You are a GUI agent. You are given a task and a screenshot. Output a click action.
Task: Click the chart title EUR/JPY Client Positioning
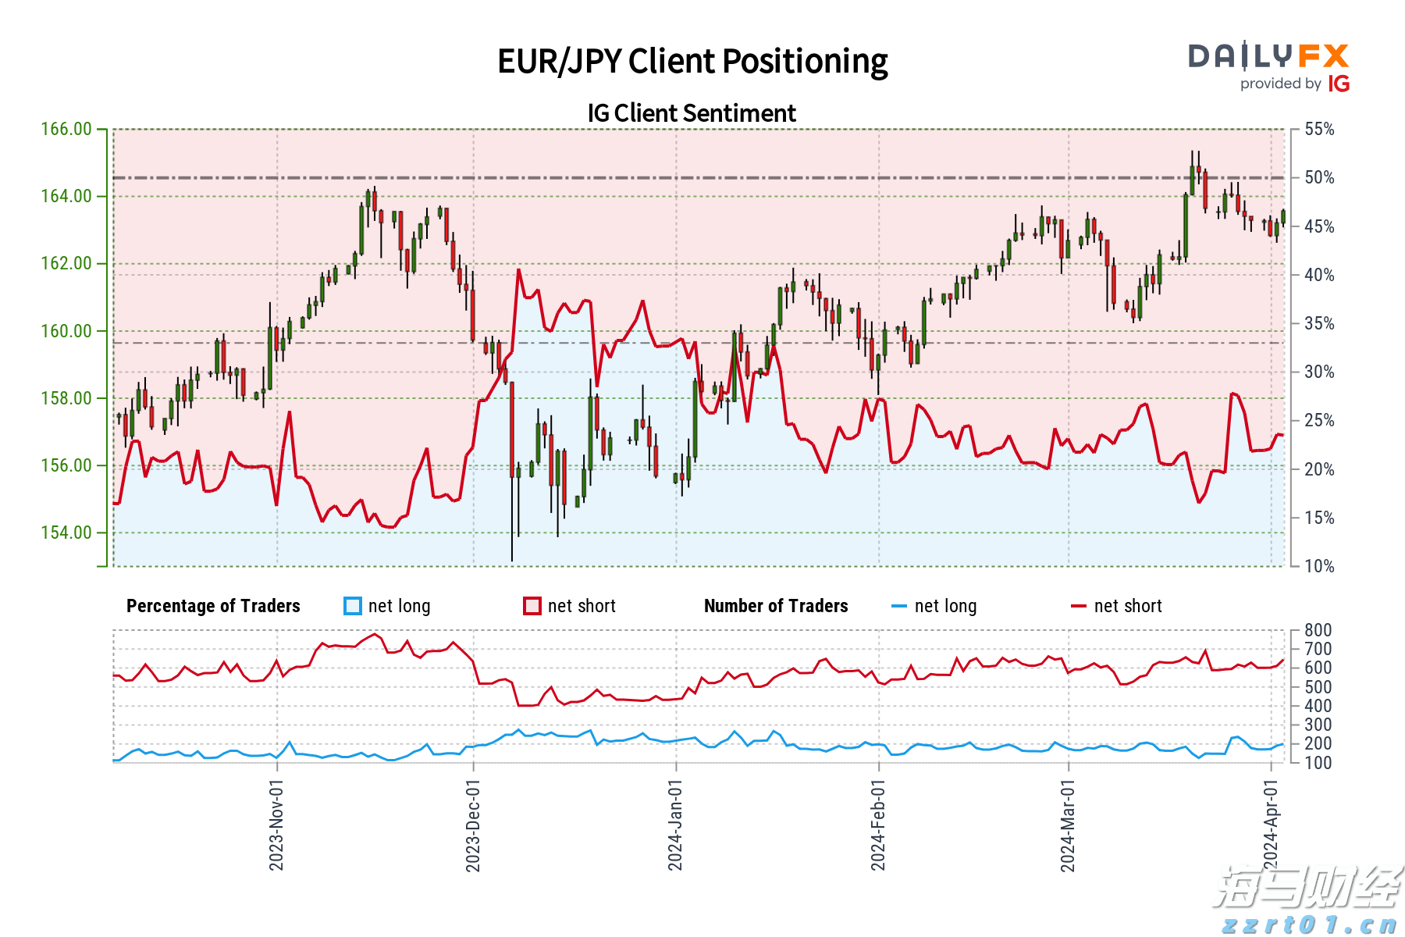click(x=692, y=62)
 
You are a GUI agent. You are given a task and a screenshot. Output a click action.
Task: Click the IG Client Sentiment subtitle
click(x=692, y=113)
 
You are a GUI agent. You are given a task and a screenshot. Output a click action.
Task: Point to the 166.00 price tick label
click(x=66, y=129)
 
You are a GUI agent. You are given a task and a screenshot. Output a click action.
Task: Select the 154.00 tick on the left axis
click(x=66, y=533)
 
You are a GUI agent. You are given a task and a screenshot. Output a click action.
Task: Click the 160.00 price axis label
click(x=66, y=331)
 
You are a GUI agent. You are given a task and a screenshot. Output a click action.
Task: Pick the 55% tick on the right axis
click(x=1319, y=129)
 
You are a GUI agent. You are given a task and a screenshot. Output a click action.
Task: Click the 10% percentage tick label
click(x=1319, y=566)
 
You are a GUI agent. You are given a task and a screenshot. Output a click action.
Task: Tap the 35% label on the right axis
click(x=1319, y=323)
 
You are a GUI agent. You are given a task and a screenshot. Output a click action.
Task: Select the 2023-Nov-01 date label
click(x=276, y=824)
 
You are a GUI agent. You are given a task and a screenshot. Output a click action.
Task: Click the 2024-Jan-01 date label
click(x=675, y=824)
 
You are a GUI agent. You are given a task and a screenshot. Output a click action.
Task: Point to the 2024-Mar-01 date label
click(x=1068, y=824)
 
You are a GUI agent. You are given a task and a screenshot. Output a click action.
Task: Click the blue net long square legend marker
click(x=353, y=606)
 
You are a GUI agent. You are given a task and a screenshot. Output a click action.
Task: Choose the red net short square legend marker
click(x=532, y=606)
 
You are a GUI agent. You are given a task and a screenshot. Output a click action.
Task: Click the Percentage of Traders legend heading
click(x=213, y=606)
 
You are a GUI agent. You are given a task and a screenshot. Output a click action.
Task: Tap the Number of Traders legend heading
click(x=776, y=606)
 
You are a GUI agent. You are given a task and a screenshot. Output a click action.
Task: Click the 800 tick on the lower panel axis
click(x=1318, y=630)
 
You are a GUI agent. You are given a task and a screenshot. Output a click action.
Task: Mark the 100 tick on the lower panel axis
click(x=1318, y=763)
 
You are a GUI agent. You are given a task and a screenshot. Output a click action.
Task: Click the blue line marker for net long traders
click(x=899, y=606)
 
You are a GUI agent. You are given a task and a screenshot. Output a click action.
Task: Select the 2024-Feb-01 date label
click(x=878, y=824)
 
